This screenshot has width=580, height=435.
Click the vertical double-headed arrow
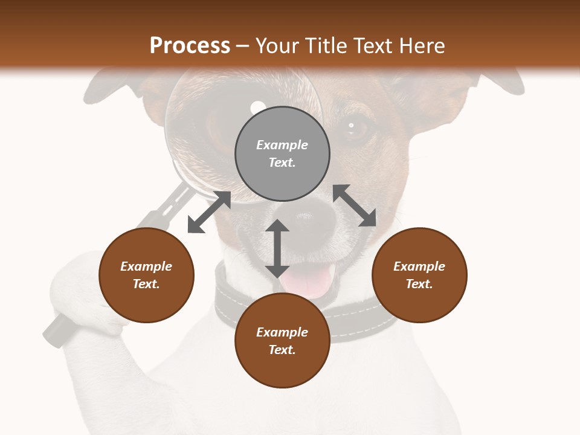tap(277, 248)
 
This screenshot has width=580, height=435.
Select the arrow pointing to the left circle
tap(209, 212)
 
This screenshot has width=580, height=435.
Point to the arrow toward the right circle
tap(355, 205)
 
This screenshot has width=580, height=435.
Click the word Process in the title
tap(190, 45)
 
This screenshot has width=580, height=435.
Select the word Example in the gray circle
tap(282, 145)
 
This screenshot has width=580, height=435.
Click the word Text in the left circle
tap(146, 284)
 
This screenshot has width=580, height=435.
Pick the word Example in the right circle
tap(419, 266)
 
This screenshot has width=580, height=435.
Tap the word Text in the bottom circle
tap(282, 350)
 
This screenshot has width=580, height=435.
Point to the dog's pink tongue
tap(309, 282)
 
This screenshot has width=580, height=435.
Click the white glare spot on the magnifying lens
tap(258, 106)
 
